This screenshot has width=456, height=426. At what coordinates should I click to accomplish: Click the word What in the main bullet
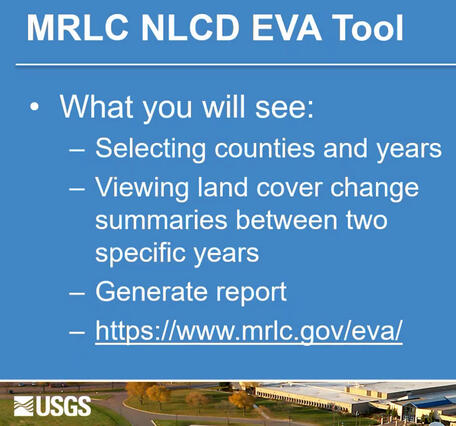(100, 107)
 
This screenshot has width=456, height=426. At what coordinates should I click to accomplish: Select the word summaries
(160, 220)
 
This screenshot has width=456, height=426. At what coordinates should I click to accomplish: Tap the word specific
(138, 253)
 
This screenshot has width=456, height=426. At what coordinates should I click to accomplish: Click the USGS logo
(52, 405)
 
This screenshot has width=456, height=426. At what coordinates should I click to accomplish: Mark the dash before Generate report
(77, 292)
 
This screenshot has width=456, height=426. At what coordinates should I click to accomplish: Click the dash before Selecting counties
(77, 150)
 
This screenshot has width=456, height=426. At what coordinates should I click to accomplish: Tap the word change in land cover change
(374, 188)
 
